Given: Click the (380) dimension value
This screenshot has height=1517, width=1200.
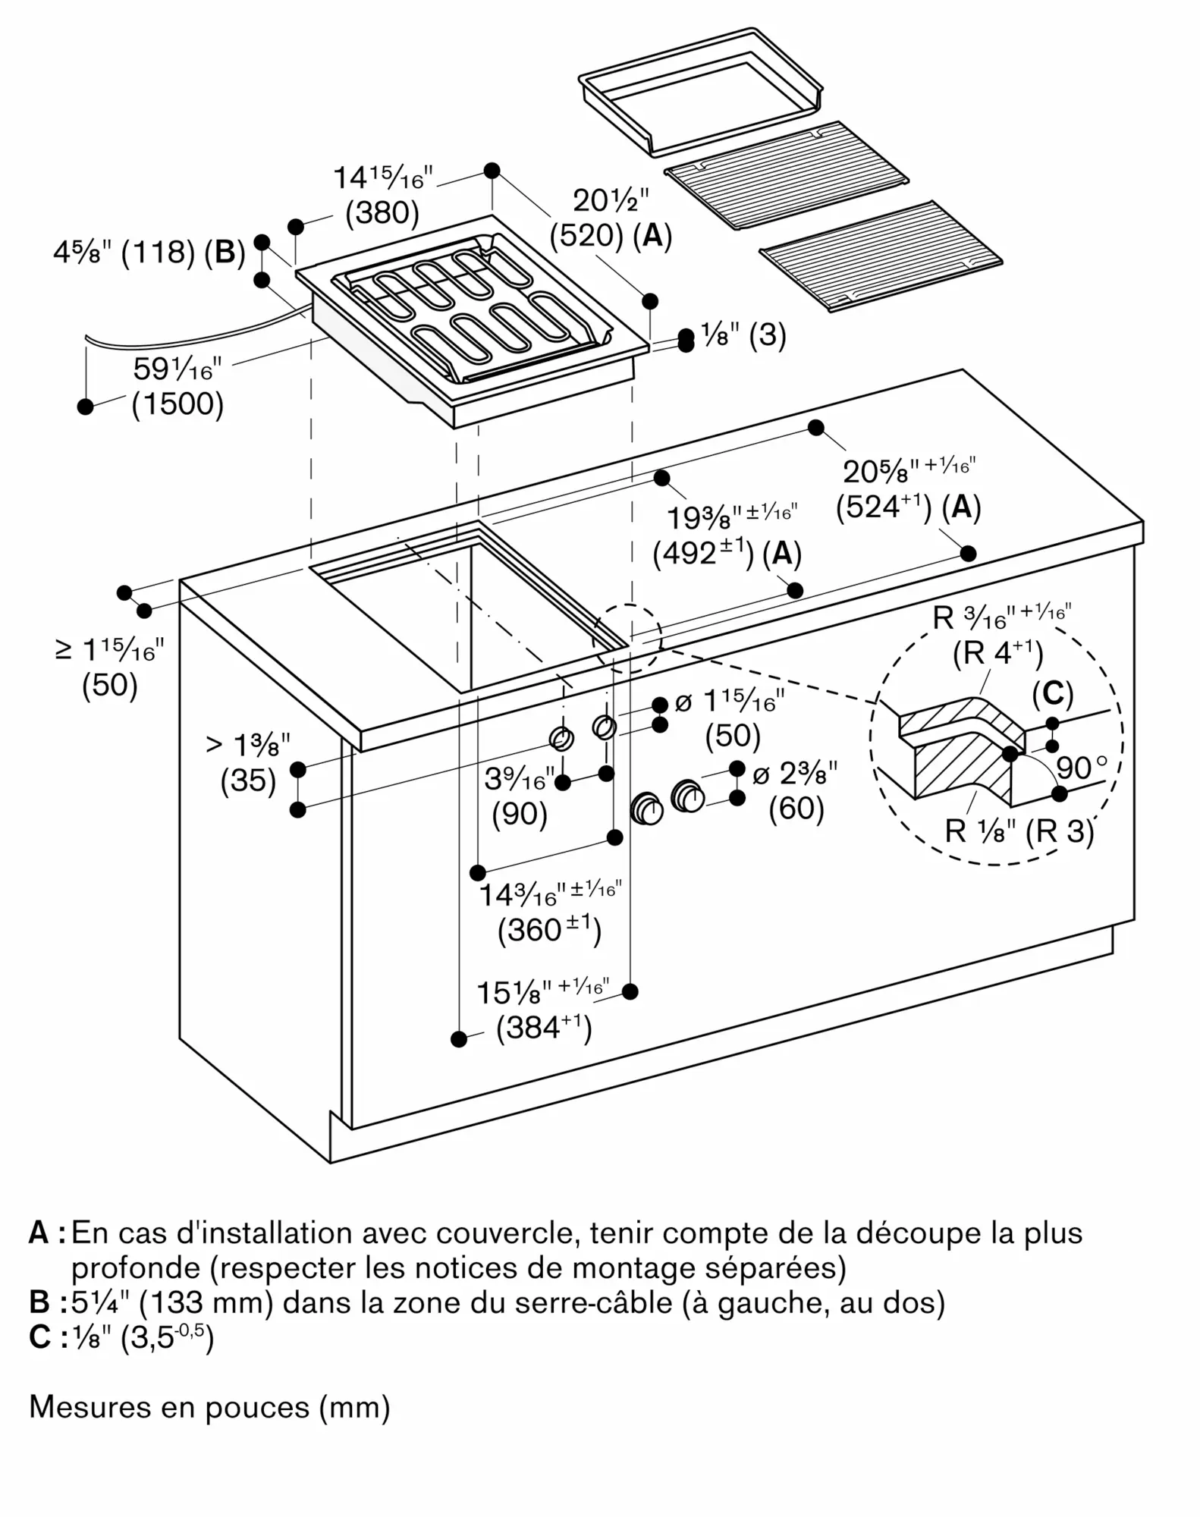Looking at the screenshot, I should point(382,213).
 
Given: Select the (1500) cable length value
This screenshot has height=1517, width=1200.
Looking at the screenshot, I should point(177,404).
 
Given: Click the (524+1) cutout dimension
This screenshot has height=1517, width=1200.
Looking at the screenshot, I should point(883,507).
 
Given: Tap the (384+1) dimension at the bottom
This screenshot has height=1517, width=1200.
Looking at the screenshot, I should point(544,1028).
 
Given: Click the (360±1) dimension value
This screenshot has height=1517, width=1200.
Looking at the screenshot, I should point(549,930).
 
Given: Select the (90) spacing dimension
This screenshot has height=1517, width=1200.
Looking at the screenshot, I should point(520,814).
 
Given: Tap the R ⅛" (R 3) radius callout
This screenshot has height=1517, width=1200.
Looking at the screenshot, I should point(1019,832).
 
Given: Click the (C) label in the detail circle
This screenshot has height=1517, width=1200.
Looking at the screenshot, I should point(1053,693).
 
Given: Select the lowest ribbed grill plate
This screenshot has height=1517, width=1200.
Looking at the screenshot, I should point(881,256).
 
